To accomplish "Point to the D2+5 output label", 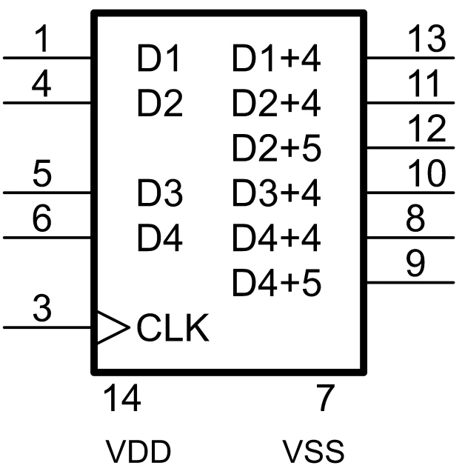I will click(x=276, y=148).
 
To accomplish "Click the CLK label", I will click(x=173, y=328).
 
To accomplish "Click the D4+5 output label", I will click(x=276, y=282).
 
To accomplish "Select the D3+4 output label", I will click(x=276, y=193).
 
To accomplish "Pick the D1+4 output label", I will click(x=276, y=59).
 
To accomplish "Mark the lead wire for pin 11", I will click(x=411, y=102).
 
